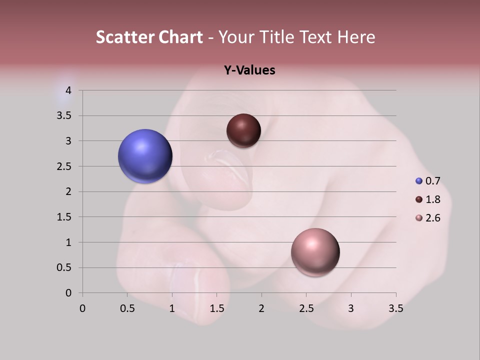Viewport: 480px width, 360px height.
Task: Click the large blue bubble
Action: (x=145, y=156)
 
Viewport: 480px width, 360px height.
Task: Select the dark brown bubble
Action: (x=243, y=131)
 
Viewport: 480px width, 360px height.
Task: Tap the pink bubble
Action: (x=315, y=252)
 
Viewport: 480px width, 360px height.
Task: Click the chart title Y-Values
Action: (x=249, y=70)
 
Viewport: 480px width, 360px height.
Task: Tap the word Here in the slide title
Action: (x=355, y=37)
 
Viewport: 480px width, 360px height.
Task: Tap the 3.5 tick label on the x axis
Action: (x=395, y=308)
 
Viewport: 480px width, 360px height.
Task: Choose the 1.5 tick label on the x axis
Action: (x=216, y=308)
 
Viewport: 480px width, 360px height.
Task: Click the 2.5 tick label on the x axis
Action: (x=306, y=308)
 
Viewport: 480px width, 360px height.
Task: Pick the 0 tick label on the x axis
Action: (x=82, y=308)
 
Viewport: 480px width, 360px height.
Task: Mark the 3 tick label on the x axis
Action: (x=351, y=308)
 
